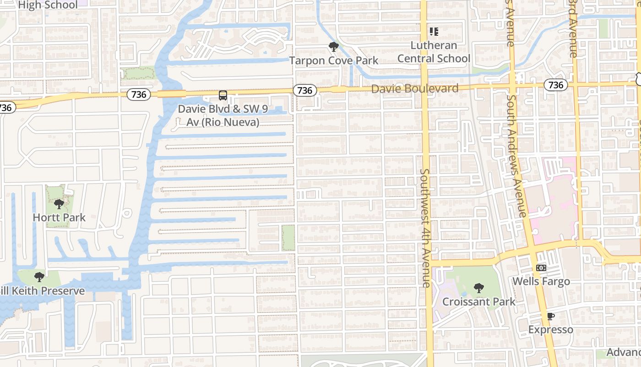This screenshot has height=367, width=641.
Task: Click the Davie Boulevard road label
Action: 414,89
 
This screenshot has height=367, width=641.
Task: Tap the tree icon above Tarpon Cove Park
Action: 334,46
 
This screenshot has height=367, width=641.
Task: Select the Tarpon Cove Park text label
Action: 334,61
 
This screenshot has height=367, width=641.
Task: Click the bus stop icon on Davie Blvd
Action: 223,95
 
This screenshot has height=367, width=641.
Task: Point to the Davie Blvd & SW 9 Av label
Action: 223,116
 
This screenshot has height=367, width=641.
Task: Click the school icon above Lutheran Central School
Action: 434,32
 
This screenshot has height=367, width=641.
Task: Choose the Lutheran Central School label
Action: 434,52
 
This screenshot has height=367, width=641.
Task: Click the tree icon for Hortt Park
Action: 59,204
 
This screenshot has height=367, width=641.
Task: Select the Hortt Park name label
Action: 59,217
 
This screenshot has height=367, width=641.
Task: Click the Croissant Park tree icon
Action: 478,288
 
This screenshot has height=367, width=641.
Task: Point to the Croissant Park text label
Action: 478,302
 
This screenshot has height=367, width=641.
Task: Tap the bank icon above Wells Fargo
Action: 541,268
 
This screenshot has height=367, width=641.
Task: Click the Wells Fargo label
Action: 541,281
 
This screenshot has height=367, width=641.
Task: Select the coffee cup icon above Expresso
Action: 550,316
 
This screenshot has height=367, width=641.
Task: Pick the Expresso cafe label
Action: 550,330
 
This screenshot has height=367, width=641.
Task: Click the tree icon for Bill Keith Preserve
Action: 39,277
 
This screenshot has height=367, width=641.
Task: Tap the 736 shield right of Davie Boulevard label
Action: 555,85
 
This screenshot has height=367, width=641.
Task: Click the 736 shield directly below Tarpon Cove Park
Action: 304,91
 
